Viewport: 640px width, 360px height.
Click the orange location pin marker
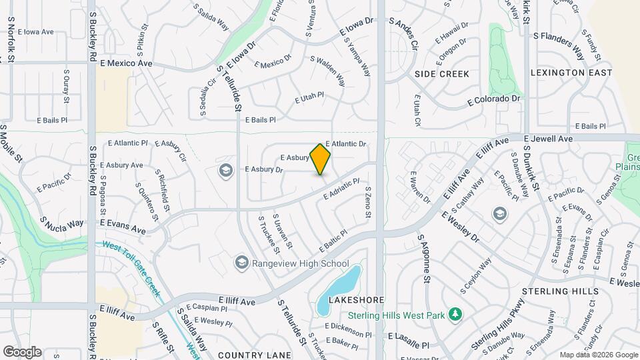[321, 159]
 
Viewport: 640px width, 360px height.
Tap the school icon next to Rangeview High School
[241, 263]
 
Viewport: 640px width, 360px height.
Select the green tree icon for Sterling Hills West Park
[455, 313]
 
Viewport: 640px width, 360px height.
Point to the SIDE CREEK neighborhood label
[441, 73]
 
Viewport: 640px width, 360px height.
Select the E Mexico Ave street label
[127, 63]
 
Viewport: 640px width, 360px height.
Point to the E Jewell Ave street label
[548, 139]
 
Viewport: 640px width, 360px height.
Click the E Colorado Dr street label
[493, 99]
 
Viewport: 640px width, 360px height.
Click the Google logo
[22, 351]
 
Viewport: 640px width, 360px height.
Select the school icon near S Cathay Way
[499, 213]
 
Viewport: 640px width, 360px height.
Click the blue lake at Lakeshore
[338, 288]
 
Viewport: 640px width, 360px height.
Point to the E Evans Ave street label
[123, 225]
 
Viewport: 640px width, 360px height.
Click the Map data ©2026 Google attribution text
[597, 355]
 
